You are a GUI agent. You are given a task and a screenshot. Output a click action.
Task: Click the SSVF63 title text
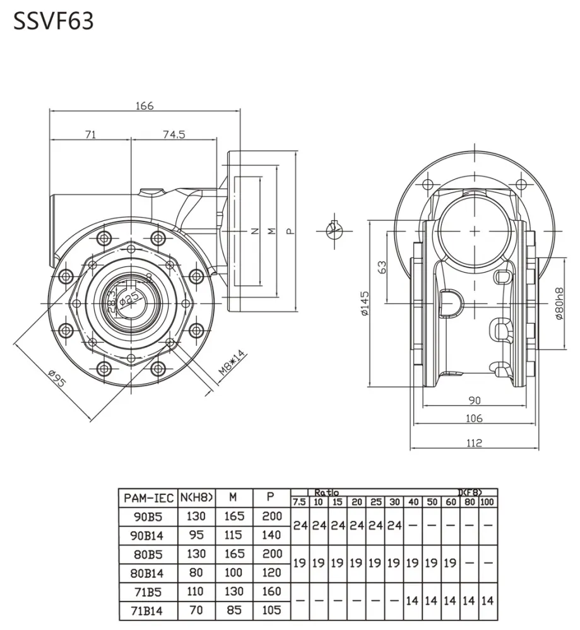54,21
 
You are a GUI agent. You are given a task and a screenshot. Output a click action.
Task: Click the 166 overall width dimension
145,105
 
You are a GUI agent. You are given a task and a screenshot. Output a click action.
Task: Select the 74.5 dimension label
174,134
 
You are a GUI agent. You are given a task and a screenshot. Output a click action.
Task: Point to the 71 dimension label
90,134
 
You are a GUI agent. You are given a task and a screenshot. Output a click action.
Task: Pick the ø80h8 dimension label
559,304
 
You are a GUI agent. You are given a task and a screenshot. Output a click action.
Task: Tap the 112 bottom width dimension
474,443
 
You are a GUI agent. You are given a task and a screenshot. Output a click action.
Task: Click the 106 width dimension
474,417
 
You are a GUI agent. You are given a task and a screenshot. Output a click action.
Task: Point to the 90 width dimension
474,400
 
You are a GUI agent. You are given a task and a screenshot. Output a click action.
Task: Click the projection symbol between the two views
334,230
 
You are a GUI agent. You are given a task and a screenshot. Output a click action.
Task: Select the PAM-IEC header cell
148,498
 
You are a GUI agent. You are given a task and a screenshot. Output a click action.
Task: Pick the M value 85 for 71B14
234,610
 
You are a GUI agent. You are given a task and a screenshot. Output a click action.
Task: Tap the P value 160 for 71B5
271,591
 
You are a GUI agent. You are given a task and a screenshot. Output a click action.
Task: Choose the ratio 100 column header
488,502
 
